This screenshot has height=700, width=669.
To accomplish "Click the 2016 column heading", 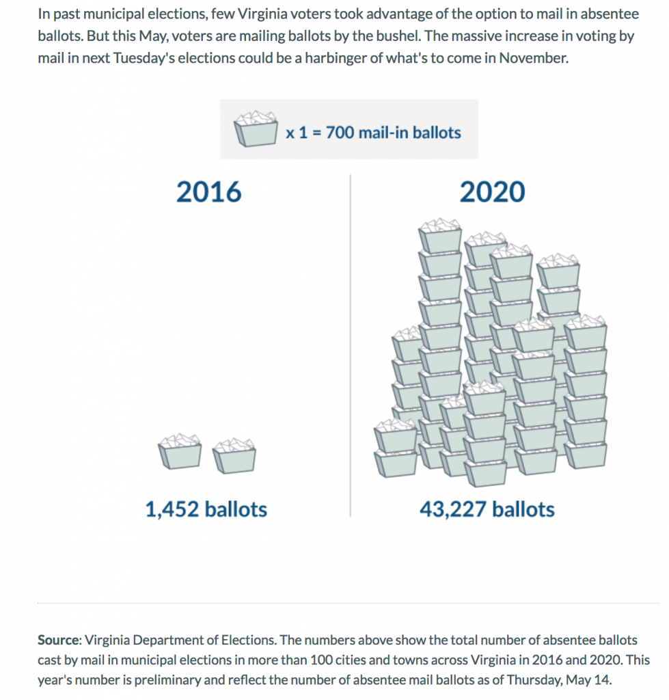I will click(x=208, y=193).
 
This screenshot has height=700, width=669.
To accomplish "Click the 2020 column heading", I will click(x=492, y=193).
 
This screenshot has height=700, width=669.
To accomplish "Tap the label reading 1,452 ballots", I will click(x=206, y=509).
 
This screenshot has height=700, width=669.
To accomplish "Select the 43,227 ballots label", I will click(x=487, y=509).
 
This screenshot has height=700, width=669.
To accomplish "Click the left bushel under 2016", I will click(x=180, y=452).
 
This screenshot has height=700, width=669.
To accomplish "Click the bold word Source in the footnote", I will click(x=59, y=641).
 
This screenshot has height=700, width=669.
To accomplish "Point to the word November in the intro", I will click(x=532, y=57).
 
